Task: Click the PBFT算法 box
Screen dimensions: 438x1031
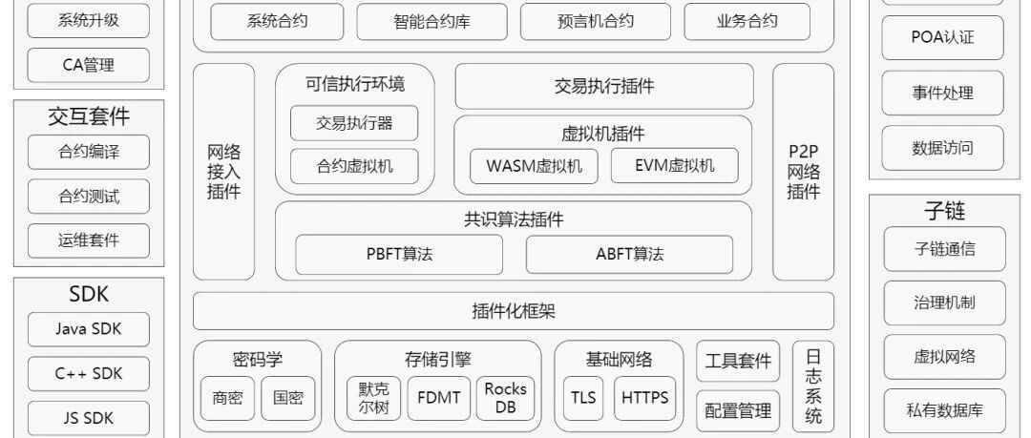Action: [399, 255]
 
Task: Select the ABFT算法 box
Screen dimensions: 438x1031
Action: [629, 255]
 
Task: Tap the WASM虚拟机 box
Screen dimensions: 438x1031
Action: [534, 165]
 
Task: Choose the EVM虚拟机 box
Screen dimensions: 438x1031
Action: [674, 165]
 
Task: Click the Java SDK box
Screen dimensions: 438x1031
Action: [89, 329]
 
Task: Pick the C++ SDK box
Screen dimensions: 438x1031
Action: [89, 373]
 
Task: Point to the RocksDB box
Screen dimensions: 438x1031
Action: [505, 398]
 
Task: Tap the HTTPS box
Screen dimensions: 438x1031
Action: [645, 398]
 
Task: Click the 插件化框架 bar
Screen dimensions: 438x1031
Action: [514, 311]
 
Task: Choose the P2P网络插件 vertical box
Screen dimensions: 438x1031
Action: [803, 172]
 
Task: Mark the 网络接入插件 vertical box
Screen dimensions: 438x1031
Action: [224, 172]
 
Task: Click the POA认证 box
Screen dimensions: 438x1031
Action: [942, 38]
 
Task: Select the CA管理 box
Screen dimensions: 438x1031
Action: [89, 65]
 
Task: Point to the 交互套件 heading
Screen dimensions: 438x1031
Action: [89, 116]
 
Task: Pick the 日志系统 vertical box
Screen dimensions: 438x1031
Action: [813, 386]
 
